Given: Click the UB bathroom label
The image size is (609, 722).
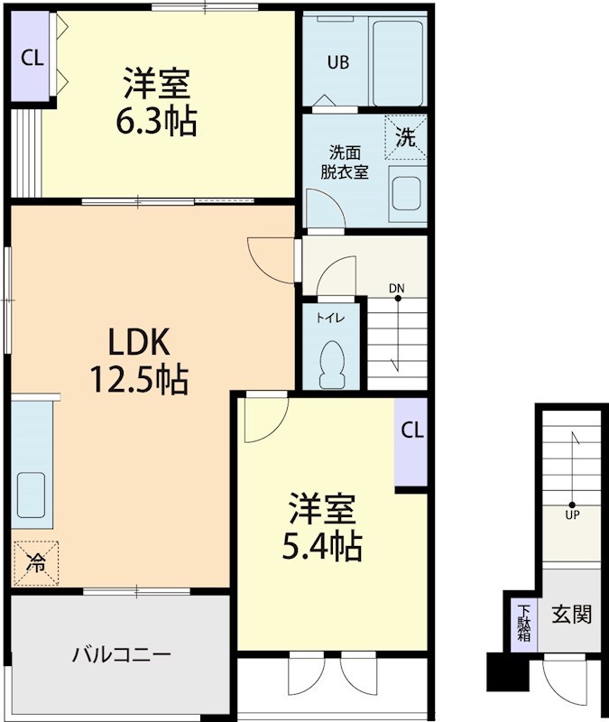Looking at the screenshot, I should [338, 62].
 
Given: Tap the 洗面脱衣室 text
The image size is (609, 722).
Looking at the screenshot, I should [344, 162].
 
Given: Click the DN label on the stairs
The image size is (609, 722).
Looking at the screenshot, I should [397, 289].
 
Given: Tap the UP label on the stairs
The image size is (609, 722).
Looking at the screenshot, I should [572, 515].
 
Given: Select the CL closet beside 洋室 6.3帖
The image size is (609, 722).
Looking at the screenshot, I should [32, 59].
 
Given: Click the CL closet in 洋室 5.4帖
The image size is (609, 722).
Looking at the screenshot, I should [411, 430].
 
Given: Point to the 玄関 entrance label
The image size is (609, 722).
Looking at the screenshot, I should [572, 616].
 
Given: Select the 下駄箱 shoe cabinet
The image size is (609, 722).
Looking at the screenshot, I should [523, 624].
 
